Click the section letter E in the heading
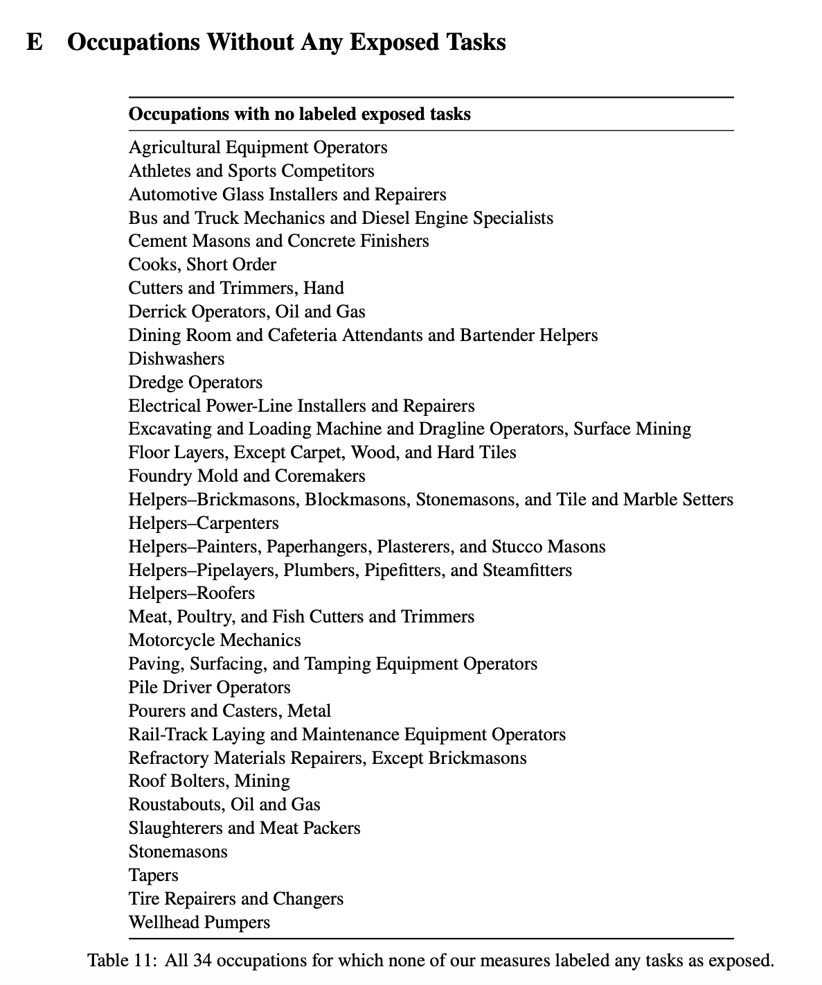tap(34, 42)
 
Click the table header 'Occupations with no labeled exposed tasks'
tap(299, 114)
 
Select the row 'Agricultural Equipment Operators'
tap(258, 148)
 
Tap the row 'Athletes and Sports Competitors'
tap(251, 171)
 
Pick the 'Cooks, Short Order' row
tap(202, 265)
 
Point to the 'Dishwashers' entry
tap(177, 359)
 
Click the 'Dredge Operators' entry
tap(195, 383)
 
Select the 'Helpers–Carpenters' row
tap(204, 523)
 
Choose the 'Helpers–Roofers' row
tap(191, 593)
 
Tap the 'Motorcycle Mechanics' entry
tap(215, 640)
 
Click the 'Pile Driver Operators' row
tap(209, 688)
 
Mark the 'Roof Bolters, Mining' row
tap(209, 781)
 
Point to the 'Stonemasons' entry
tap(178, 852)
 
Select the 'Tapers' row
tap(153, 875)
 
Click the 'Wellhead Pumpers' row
tap(199, 923)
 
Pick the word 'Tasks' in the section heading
tap(476, 42)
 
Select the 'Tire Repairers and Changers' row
tap(235, 899)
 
